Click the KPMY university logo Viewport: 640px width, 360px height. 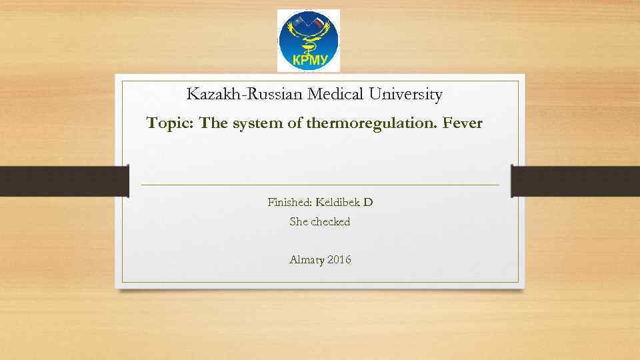pos(308,40)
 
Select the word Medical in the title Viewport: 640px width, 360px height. pos(340,95)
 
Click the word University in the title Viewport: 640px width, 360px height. pos(409,95)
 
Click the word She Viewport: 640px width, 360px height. pos(298,222)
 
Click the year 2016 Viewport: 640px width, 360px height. pos(339,259)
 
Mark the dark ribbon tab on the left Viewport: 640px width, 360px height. pos(63,181)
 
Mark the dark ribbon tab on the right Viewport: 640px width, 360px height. pos(575,181)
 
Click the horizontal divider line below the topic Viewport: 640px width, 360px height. pos(320,185)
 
